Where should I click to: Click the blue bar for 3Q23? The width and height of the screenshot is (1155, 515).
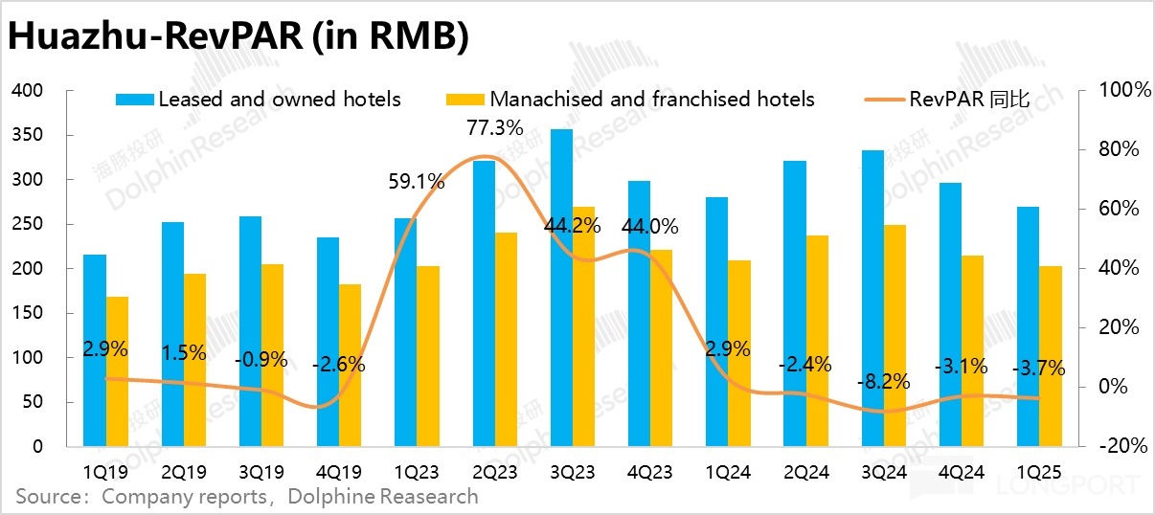coord(561,287)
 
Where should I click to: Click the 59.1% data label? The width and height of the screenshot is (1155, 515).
coord(416,180)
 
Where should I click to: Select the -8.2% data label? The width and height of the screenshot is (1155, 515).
coord(881,382)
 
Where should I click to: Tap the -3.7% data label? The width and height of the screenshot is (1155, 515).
coord(1038,369)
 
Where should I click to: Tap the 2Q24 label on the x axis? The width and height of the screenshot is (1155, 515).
coord(806,472)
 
